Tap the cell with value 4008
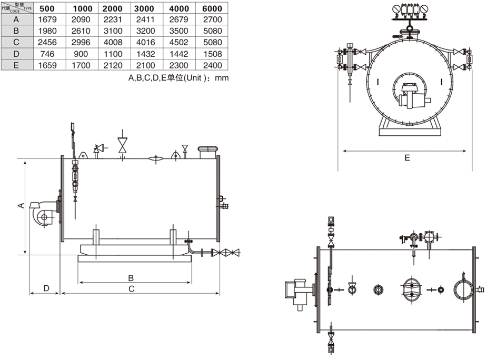[112, 43]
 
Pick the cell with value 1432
[145, 54]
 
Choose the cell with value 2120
[112, 66]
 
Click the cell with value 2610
[81, 31]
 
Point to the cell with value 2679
[178, 19]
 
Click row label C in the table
[16, 43]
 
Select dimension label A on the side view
[20, 206]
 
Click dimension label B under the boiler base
[132, 277]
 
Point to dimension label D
[46, 288]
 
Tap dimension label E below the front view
[407, 158]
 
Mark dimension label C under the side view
[132, 288]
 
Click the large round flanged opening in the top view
[463, 289]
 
